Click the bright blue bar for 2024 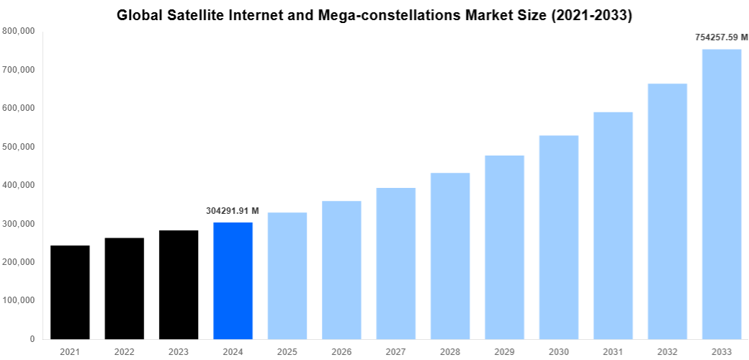[x=233, y=281]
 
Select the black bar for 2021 [x=70, y=292]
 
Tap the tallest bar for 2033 [x=722, y=194]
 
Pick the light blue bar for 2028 [x=450, y=256]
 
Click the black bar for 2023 [x=179, y=284]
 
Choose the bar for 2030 [x=559, y=237]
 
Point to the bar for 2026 [x=341, y=270]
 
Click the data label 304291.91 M [x=232, y=211]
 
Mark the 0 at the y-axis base [x=32, y=339]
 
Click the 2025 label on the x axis [x=287, y=351]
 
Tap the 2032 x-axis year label [x=667, y=351]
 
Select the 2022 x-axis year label [x=124, y=351]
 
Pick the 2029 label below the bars [x=504, y=351]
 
